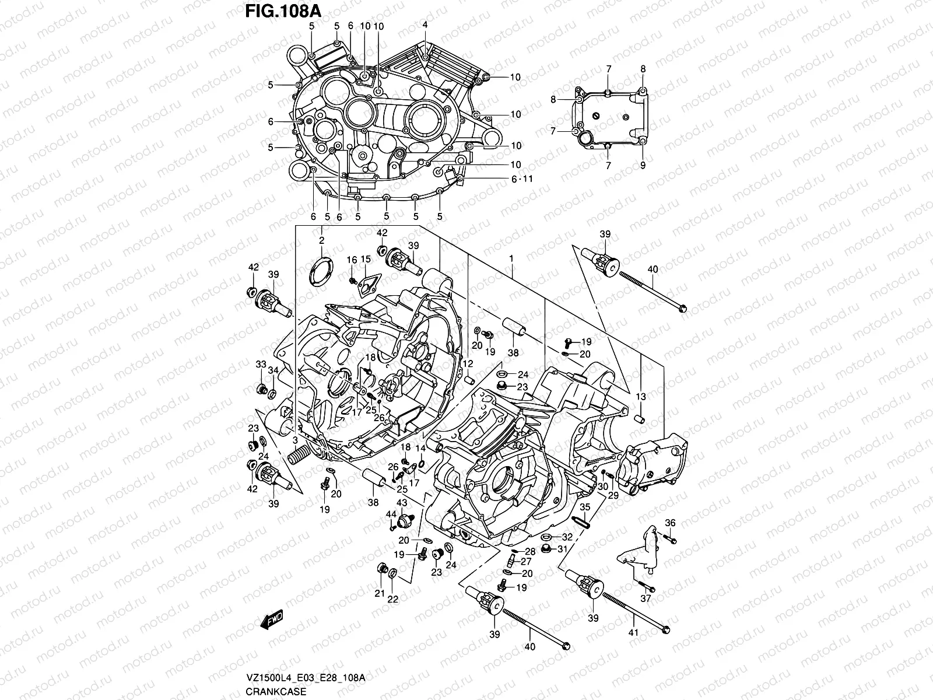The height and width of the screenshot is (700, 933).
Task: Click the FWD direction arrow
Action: [x=272, y=619]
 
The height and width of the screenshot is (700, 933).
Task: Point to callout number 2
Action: [x=321, y=240]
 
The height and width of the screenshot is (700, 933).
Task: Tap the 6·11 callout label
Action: [x=522, y=179]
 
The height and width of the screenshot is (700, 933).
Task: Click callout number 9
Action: [x=643, y=166]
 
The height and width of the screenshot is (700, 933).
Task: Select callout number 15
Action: [x=366, y=260]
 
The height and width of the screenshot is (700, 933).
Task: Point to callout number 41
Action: [x=634, y=632]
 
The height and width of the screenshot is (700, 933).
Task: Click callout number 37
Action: [x=646, y=599]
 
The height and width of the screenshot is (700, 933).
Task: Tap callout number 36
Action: [x=670, y=523]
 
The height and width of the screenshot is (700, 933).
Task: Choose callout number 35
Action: [x=585, y=508]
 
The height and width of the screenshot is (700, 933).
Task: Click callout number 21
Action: [x=380, y=594]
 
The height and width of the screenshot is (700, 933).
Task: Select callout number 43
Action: [x=402, y=503]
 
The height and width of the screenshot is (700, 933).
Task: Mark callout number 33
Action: [x=261, y=364]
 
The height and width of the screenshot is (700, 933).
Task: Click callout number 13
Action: [x=641, y=397]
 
